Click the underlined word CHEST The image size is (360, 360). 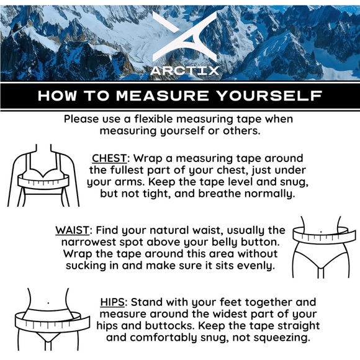point(109,158)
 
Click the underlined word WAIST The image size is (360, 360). point(72,230)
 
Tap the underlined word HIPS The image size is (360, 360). point(112,302)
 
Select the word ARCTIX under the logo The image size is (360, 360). point(184,71)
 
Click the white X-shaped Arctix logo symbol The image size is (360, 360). point(184,37)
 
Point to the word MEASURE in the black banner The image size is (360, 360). point(163,96)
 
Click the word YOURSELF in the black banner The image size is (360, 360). point(269,96)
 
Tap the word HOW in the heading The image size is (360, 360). point(57,96)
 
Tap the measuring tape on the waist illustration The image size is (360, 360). point(321,235)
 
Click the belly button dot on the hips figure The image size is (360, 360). point(48,303)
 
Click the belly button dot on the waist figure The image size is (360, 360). point(321,232)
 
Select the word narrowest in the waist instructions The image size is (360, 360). point(89,242)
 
